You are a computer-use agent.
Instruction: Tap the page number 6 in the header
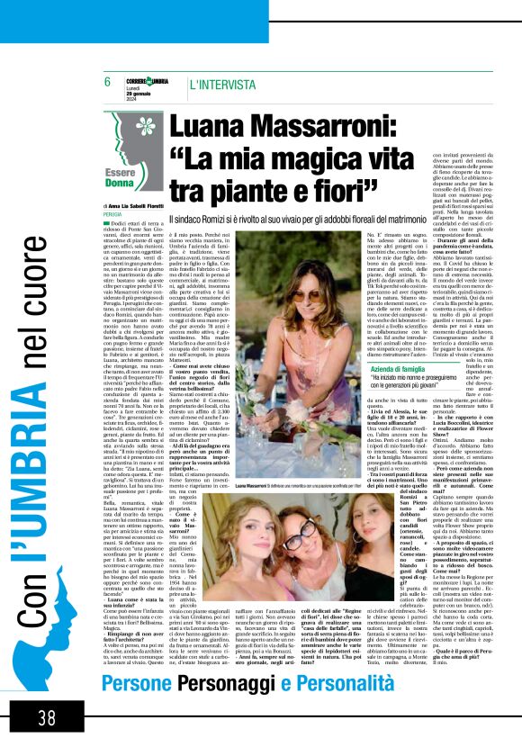[107, 82]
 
